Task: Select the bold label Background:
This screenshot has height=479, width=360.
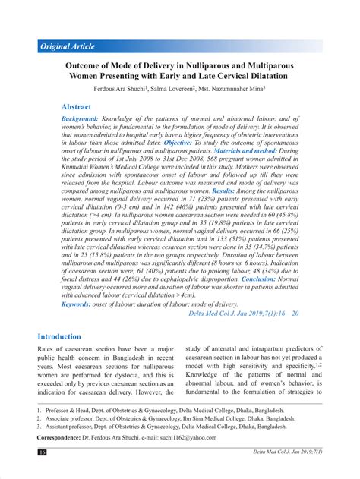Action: coord(80,119)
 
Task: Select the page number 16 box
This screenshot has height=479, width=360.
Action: coord(43,452)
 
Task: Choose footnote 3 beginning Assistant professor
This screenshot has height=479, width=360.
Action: coord(174,427)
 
